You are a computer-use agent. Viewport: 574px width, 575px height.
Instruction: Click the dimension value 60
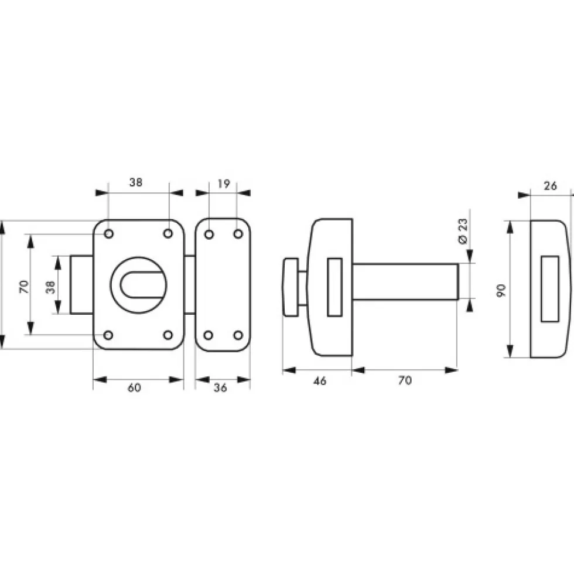[134, 387]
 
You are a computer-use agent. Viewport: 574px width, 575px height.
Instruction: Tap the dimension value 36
[220, 387]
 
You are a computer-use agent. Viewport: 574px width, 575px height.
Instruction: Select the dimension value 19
[224, 183]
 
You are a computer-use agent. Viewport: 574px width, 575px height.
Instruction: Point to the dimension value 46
[320, 381]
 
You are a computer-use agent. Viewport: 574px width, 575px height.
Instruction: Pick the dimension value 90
[501, 291]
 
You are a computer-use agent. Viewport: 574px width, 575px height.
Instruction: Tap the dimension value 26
[550, 186]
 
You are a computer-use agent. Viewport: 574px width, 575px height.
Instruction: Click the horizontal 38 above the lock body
[136, 182]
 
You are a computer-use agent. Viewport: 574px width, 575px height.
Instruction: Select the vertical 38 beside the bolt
[50, 287]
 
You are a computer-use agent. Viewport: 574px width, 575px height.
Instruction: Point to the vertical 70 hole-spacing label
[24, 287]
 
